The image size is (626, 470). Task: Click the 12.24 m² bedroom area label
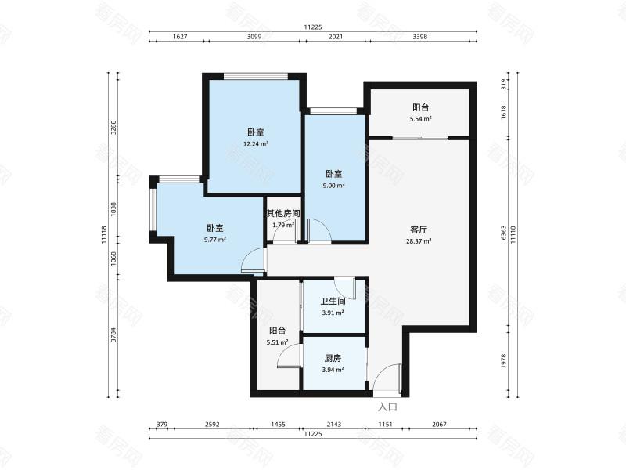tap(256, 144)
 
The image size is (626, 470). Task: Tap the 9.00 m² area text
tap(334, 186)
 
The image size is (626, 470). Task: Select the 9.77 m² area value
tap(214, 240)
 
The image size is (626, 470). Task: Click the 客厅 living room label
tap(419, 230)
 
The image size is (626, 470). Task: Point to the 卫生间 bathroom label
tap(333, 302)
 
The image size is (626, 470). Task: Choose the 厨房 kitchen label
tap(333, 359)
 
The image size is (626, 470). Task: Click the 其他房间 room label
tap(283, 213)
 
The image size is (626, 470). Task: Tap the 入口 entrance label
tap(387, 407)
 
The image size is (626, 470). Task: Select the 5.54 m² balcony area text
tap(421, 119)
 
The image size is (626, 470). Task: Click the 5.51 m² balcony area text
tap(278, 342)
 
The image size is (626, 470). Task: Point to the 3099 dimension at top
tap(254, 37)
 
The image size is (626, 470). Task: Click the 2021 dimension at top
tap(336, 37)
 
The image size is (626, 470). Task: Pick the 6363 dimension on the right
tap(503, 233)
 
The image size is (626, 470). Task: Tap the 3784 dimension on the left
tap(113, 335)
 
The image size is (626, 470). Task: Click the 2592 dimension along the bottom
tap(212, 425)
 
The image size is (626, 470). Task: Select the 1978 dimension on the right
tap(503, 361)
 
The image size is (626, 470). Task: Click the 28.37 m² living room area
tap(419, 241)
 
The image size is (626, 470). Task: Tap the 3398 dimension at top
tap(419, 37)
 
